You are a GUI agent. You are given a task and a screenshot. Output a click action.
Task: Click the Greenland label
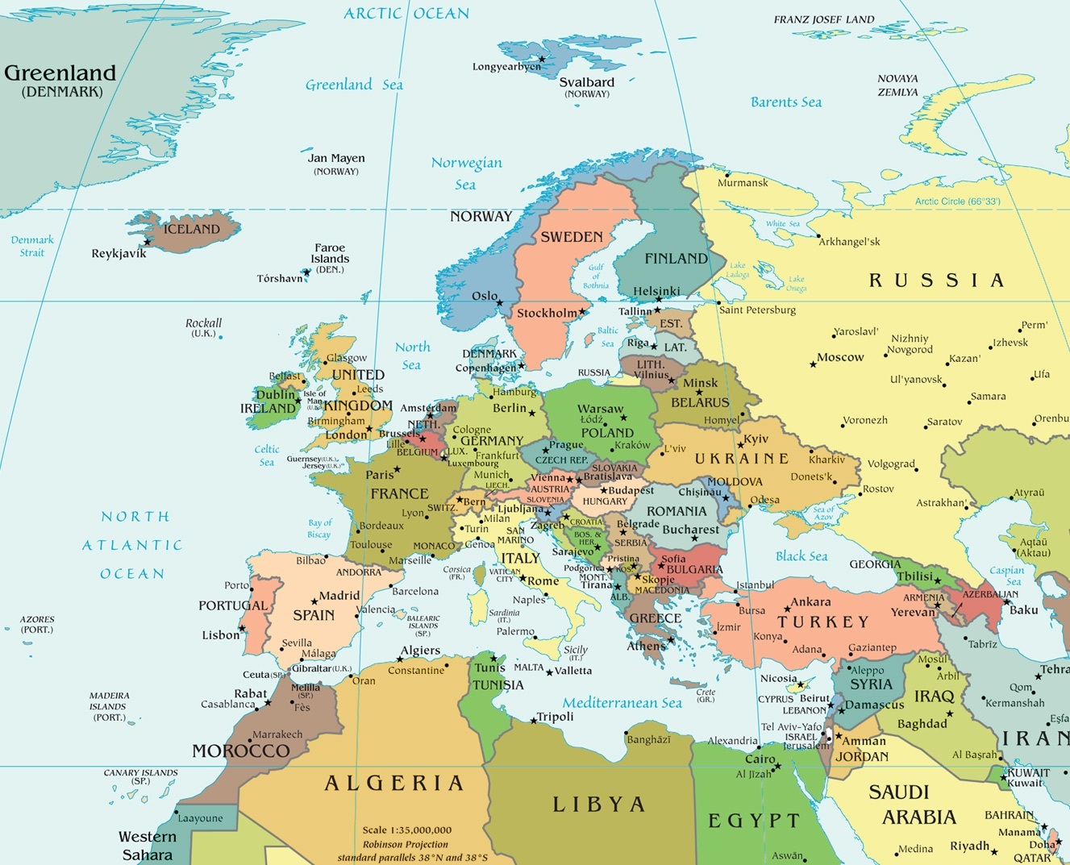(60, 73)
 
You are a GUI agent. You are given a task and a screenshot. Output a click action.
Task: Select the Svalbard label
(586, 82)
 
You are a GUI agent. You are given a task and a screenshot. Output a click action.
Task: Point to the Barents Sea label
(785, 102)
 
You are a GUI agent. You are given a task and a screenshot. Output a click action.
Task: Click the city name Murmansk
(743, 183)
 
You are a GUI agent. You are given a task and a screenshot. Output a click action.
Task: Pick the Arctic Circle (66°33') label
(957, 202)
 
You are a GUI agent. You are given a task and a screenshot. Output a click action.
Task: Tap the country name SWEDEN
(571, 237)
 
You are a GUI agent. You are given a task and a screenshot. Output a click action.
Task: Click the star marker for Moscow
(813, 364)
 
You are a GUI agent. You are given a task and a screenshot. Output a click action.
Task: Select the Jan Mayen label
(336, 158)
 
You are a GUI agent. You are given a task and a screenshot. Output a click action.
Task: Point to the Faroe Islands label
(330, 253)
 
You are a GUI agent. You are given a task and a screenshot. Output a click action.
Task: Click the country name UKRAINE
(742, 459)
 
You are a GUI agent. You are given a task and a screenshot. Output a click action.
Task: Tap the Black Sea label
(801, 556)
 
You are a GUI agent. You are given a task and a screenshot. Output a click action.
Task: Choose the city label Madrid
(339, 596)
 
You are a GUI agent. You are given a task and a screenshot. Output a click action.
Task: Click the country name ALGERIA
(394, 783)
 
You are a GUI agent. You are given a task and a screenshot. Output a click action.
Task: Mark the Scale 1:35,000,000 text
(406, 830)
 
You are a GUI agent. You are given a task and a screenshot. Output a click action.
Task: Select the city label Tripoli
(556, 717)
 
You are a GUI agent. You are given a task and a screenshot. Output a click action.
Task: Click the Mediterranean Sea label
(622, 703)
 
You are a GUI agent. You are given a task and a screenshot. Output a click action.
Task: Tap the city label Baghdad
(922, 724)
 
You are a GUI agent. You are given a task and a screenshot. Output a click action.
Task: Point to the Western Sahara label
(146, 846)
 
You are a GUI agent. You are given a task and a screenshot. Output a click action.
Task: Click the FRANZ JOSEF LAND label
(823, 19)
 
